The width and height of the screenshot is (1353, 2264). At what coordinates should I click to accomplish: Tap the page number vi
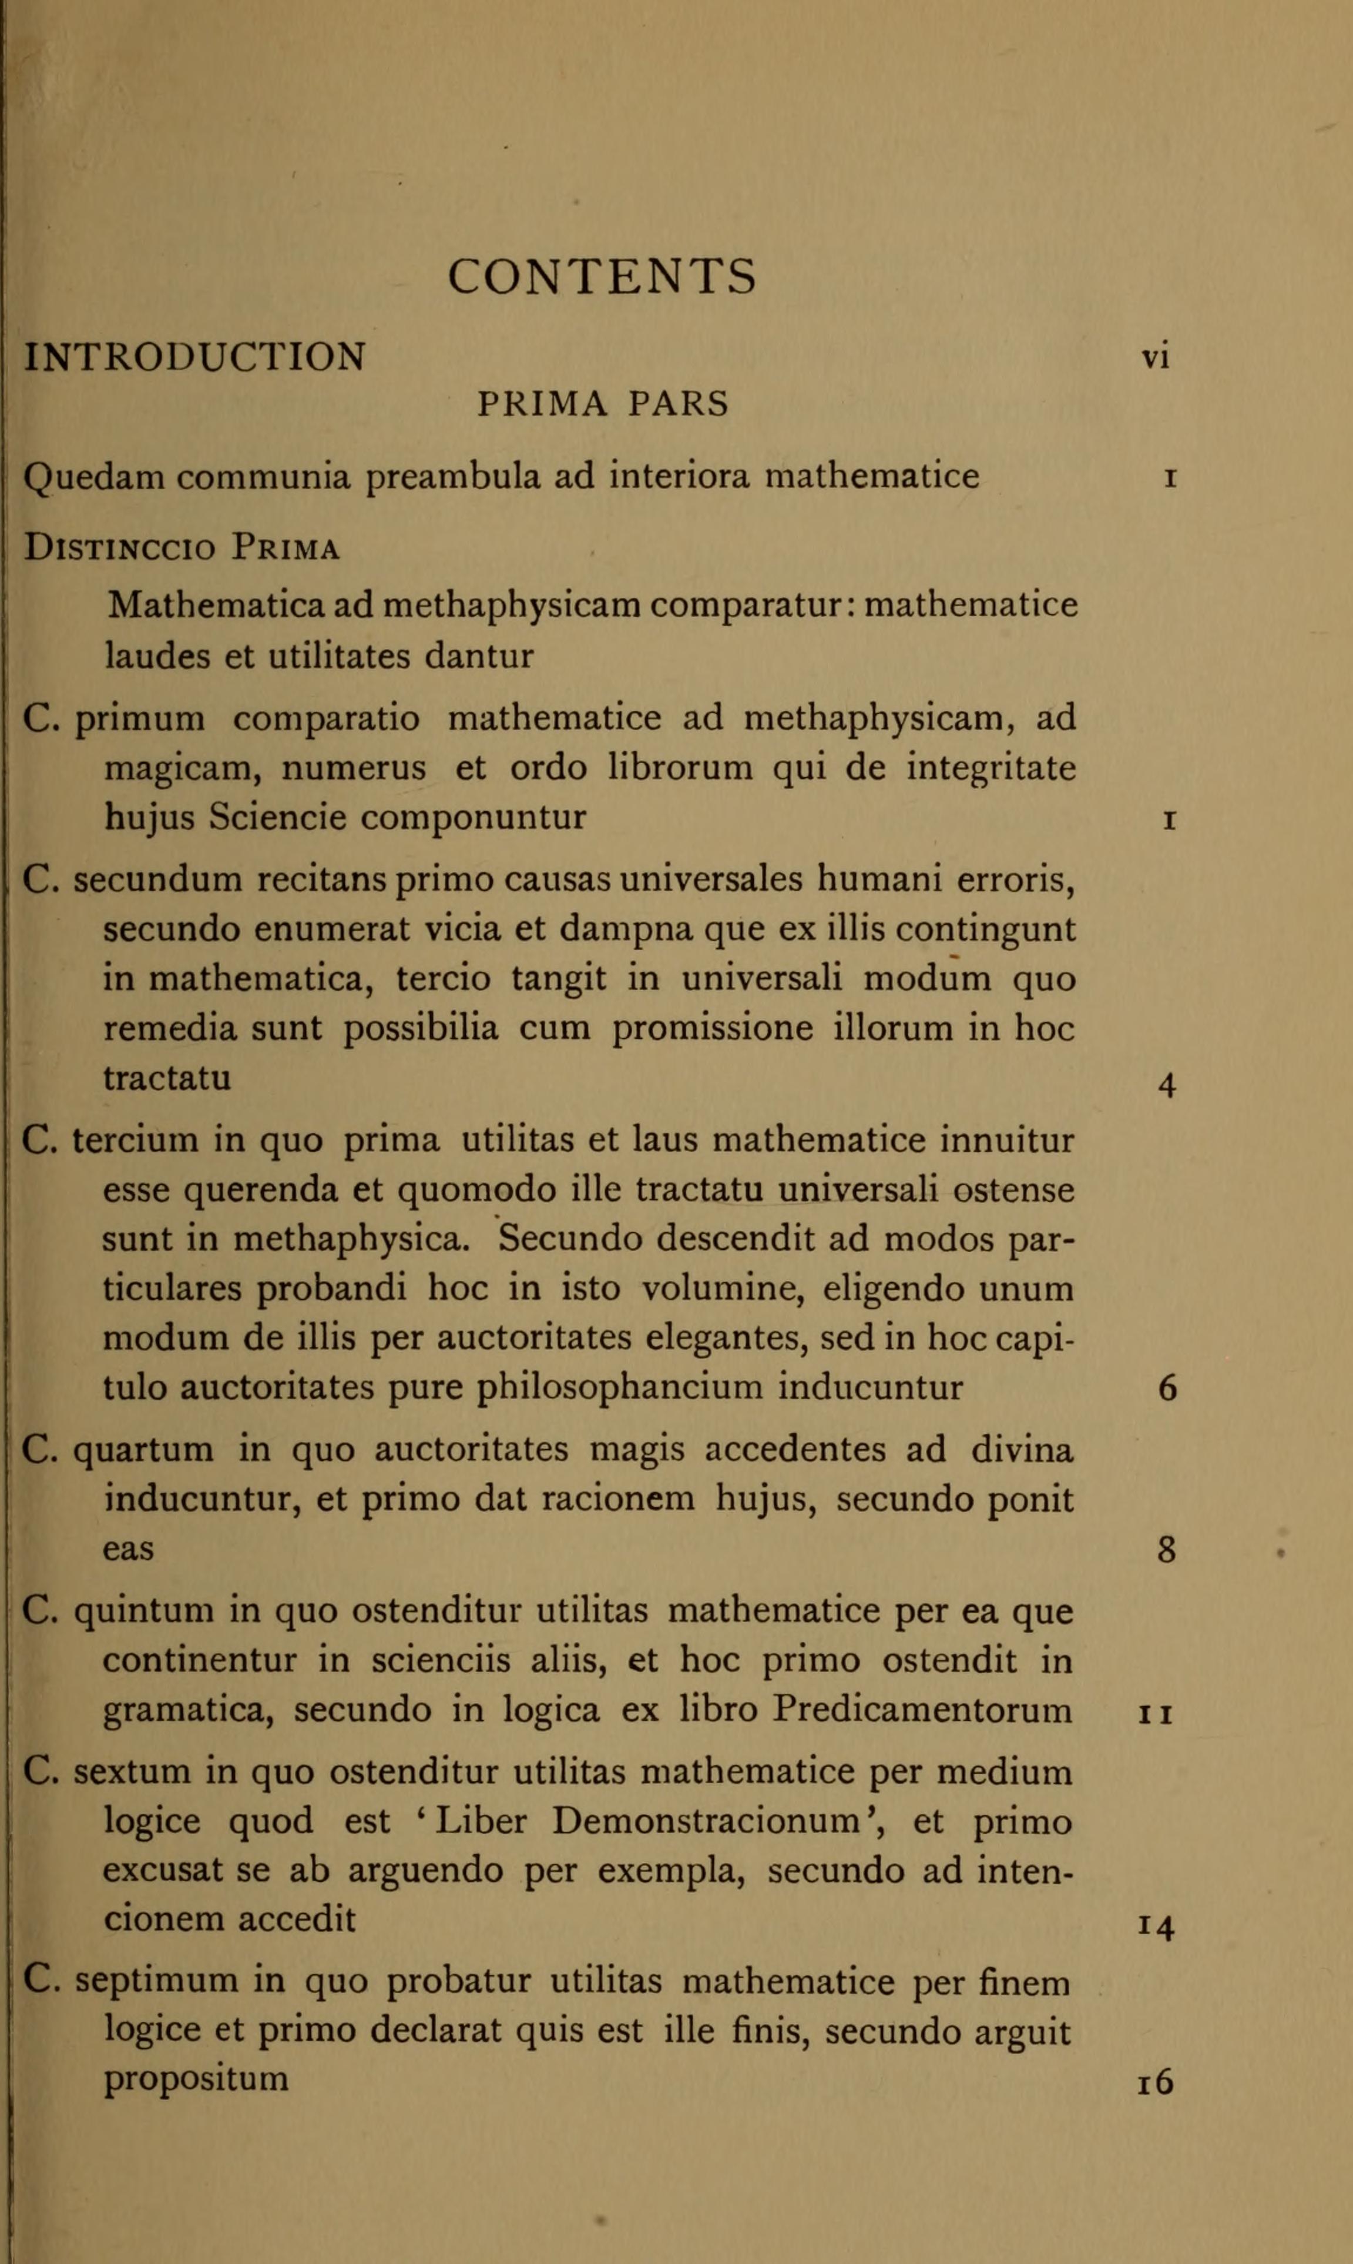1155,357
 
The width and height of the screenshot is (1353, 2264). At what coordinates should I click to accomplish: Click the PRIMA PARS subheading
603,403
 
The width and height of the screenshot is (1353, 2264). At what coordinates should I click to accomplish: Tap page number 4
1167,1085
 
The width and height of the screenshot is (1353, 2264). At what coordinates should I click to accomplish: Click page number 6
1167,1388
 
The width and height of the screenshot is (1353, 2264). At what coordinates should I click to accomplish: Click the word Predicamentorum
923,1711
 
